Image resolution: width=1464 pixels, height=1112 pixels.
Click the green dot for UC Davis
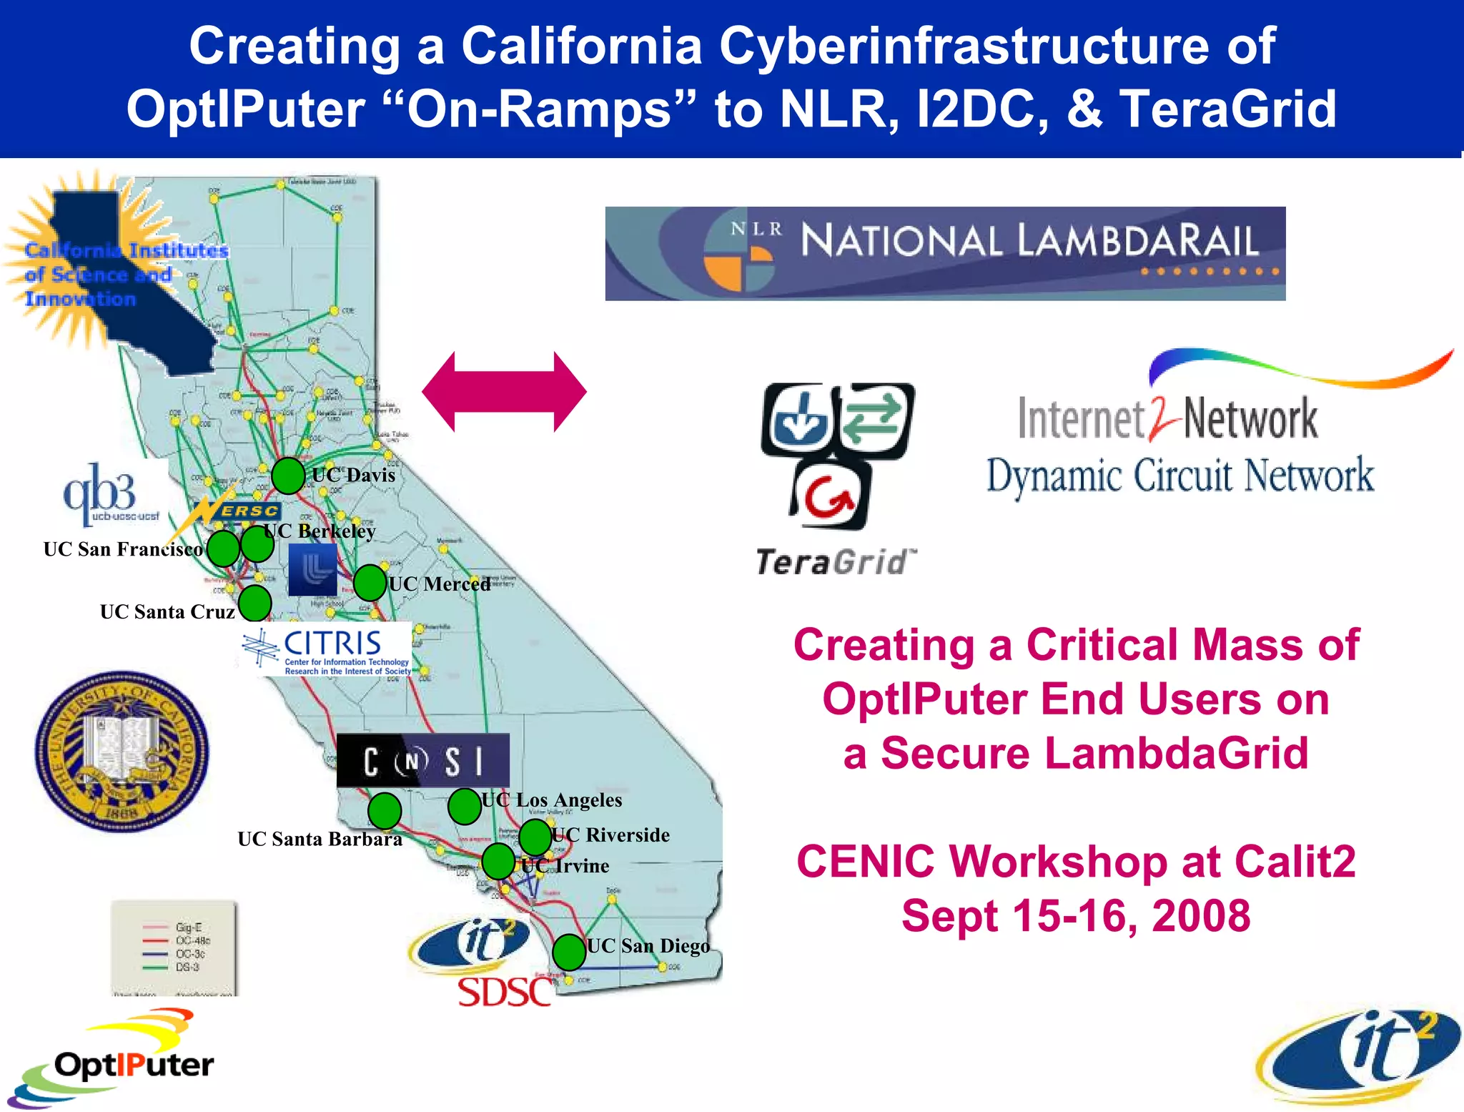(288, 476)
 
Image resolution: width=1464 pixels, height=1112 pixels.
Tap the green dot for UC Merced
(370, 583)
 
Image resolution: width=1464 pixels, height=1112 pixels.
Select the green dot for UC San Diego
(569, 952)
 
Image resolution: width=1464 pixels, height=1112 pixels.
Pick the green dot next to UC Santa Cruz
(254, 603)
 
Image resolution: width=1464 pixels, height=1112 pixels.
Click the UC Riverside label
(611, 835)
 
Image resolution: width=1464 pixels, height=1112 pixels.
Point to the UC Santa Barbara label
(320, 839)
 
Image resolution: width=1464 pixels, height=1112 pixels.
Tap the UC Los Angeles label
(551, 800)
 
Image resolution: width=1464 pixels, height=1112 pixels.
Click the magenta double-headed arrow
(504, 392)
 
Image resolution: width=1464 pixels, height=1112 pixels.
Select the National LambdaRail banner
(944, 253)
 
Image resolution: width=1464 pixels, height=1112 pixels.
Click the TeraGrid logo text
(834, 562)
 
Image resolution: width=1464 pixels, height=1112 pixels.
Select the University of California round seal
(122, 751)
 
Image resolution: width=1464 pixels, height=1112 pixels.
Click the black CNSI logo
(422, 760)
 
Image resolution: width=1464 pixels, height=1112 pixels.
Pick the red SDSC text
(504, 993)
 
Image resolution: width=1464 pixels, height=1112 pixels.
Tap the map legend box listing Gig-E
(174, 947)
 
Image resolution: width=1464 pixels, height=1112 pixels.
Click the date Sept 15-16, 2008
(1075, 916)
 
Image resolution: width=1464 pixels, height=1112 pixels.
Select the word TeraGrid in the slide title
(1227, 109)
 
